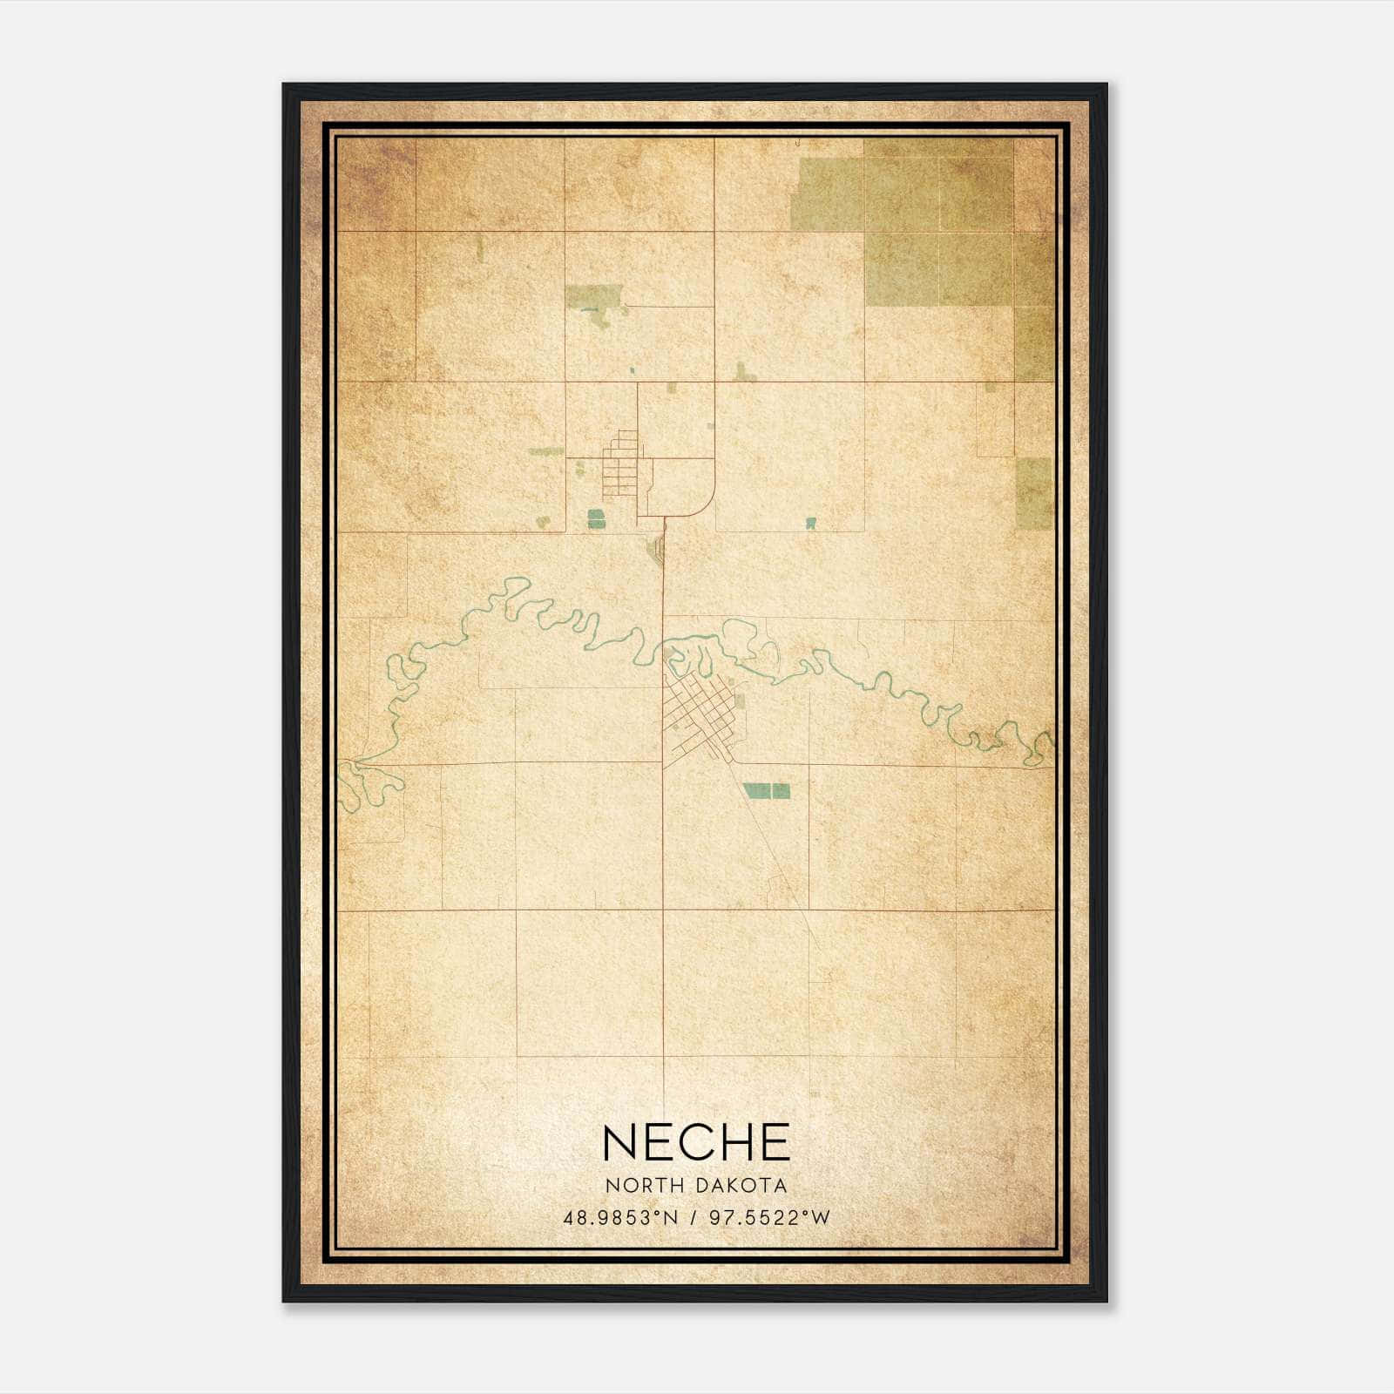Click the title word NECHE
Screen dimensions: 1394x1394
point(696,1142)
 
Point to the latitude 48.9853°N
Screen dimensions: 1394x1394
point(620,1218)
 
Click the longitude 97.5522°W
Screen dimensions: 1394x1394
point(769,1218)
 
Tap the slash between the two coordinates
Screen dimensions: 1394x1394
point(694,1218)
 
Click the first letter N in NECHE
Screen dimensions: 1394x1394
point(619,1142)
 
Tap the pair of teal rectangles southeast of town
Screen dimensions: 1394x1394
point(768,791)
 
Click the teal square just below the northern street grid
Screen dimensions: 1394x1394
point(596,520)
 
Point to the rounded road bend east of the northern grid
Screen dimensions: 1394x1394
point(707,504)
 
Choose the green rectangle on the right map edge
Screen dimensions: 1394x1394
point(1035,494)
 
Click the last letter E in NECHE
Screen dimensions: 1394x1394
point(773,1142)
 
